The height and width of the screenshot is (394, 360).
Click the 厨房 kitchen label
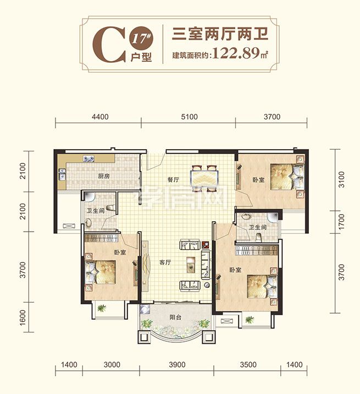tap(104, 176)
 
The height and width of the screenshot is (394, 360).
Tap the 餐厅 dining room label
tap(173, 179)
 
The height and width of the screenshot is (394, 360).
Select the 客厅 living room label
tap(165, 262)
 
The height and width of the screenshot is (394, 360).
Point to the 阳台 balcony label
tap(175, 317)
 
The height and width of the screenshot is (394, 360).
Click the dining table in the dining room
tap(204, 178)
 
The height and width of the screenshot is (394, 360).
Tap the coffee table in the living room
tap(191, 265)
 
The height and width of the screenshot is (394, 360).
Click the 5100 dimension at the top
tap(189, 117)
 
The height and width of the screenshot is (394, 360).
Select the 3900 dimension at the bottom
tap(177, 365)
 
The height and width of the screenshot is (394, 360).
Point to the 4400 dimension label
tap(100, 117)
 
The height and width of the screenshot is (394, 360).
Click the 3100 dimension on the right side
tap(341, 179)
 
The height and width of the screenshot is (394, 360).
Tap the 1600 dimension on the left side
tap(23, 318)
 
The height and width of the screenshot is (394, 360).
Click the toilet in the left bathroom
tap(110, 207)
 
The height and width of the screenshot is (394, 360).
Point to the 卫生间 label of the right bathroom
tap(258, 227)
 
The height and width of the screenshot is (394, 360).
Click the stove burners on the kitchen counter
tap(88, 158)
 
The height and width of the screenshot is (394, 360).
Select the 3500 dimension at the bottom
tap(248, 365)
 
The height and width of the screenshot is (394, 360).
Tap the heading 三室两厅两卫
tap(220, 34)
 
